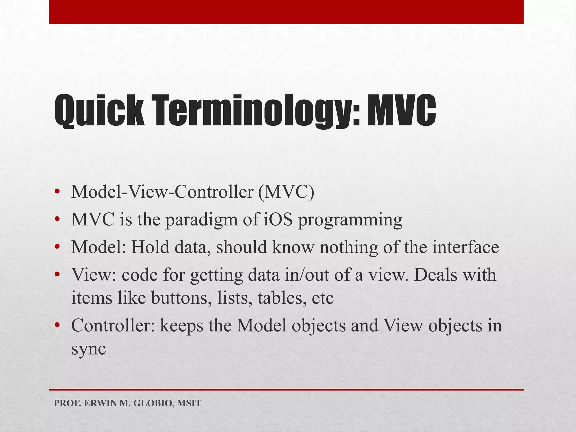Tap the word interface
tap(465, 247)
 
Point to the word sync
tap(89, 350)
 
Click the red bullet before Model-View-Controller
tap(57, 192)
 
